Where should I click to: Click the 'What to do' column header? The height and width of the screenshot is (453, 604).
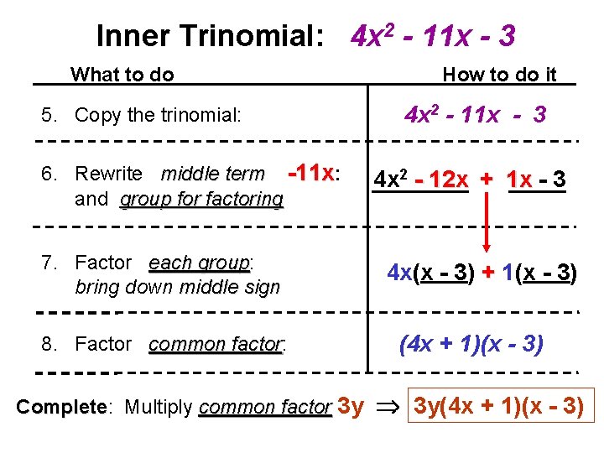pos(122,75)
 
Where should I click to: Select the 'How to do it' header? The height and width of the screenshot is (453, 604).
pos(499,75)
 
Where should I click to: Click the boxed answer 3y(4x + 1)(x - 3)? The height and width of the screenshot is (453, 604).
pos(499,407)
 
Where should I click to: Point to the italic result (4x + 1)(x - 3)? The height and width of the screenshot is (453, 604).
pos(471,344)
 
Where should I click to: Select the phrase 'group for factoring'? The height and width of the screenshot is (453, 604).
pos(202,200)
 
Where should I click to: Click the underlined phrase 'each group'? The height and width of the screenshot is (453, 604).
pos(200,263)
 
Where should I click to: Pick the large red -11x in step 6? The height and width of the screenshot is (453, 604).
pos(311,173)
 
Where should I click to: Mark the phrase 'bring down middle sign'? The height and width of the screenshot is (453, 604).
pos(177,287)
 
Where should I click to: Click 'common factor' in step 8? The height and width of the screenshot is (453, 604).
pos(216,344)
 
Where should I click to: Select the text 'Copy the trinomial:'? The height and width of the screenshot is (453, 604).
pos(159,114)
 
